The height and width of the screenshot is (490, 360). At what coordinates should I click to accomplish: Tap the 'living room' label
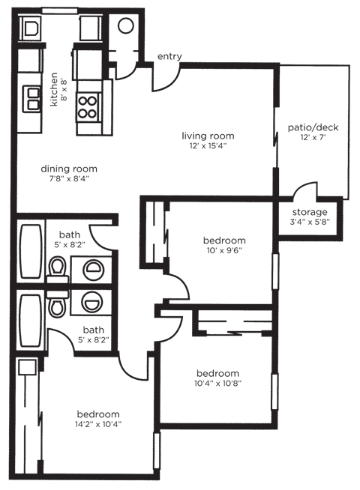pos(208,136)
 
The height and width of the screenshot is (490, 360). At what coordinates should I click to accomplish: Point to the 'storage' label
pos(309,212)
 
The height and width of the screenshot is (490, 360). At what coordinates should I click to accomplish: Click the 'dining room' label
pos(69,169)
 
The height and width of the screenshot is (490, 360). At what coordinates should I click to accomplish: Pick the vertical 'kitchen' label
pos(54,89)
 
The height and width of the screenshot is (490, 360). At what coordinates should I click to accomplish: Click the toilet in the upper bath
pos(57,266)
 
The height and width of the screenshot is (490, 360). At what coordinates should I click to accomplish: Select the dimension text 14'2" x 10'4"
pos(97,425)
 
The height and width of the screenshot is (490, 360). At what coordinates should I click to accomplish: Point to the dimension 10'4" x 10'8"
pos(217,384)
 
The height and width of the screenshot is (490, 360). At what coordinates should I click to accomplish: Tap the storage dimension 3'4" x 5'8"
pos(309,223)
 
